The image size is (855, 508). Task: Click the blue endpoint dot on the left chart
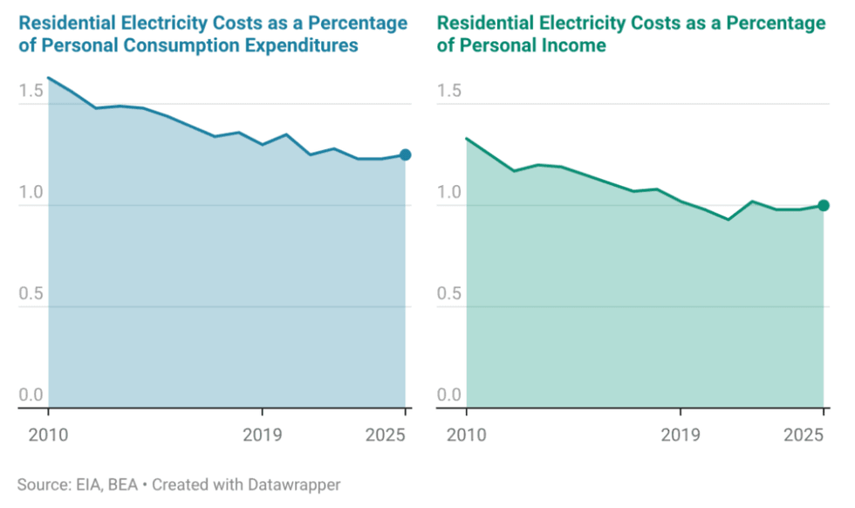click(405, 155)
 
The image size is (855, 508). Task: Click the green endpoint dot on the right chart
click(823, 206)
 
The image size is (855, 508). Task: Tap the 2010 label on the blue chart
click(48, 434)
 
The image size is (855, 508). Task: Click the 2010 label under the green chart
click(467, 434)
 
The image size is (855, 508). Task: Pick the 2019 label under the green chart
click(681, 434)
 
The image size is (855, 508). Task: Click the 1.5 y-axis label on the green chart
click(449, 91)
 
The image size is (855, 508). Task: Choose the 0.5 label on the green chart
click(449, 294)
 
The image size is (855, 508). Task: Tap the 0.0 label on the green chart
click(449, 395)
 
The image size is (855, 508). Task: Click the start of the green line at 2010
click(467, 138)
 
